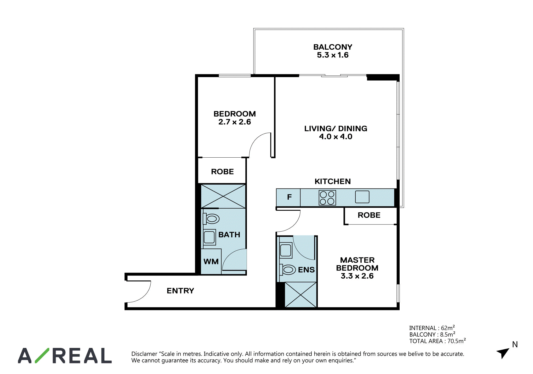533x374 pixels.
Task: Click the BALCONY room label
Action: pos(333,47)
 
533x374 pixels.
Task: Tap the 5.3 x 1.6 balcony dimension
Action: pos(333,55)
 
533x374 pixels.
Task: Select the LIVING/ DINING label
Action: pos(336,129)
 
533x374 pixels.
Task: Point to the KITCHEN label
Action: pos(333,181)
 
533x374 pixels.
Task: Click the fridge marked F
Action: pos(288,197)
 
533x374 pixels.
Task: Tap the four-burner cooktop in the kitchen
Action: pos(327,198)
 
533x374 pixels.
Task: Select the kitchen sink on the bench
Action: pos(362,197)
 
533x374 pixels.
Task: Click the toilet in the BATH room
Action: pos(211,219)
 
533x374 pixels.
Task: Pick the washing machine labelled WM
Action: pos(211,261)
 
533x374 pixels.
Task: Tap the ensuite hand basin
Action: pos(286,250)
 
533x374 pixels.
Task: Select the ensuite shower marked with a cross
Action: pos(300,295)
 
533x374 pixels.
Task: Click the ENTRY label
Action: pos(180,291)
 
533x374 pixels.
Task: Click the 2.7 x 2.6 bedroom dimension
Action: pos(235,122)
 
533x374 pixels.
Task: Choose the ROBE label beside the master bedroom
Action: pos(369,215)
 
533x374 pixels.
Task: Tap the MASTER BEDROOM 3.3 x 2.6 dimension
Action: pos(357,276)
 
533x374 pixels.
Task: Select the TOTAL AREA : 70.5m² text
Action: pos(438,341)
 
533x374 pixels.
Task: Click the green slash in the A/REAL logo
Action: pos(42,355)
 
